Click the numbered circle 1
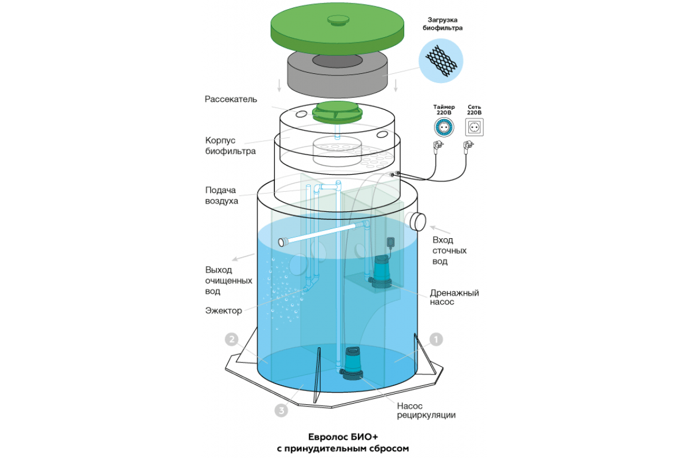pos(436,339)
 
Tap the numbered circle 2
pos(231,339)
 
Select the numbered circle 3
pos(281,410)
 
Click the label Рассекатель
pos(231,99)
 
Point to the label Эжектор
pos(223,311)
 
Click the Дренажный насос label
pos(455,297)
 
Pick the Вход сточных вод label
pos(449,251)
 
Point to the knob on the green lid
pos(337,21)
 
